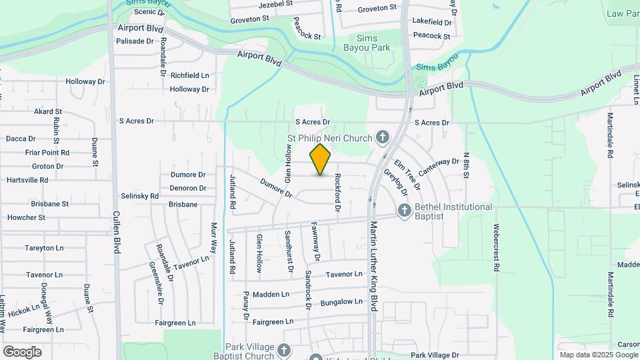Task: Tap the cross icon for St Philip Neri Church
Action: click(x=383, y=138)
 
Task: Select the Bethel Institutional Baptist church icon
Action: click(x=404, y=211)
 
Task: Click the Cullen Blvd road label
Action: click(x=117, y=233)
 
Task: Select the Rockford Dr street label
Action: click(x=338, y=193)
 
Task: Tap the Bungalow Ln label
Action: click(x=341, y=302)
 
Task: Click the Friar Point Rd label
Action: click(x=38, y=153)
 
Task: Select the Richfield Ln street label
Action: click(x=189, y=75)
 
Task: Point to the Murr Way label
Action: click(x=214, y=237)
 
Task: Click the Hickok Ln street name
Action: click(x=24, y=310)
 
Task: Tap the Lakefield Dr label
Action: click(x=432, y=22)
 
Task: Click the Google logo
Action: click(x=22, y=352)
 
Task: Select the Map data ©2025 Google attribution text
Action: click(x=599, y=355)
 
